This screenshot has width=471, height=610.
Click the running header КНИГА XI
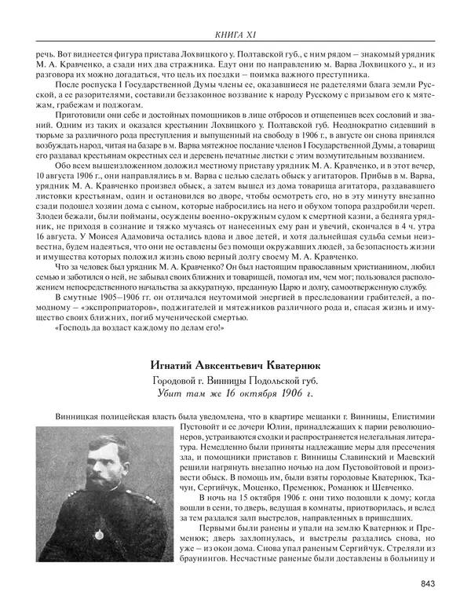[235, 33]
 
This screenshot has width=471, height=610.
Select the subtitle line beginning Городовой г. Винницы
[235, 380]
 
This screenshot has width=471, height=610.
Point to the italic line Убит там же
[235, 394]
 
